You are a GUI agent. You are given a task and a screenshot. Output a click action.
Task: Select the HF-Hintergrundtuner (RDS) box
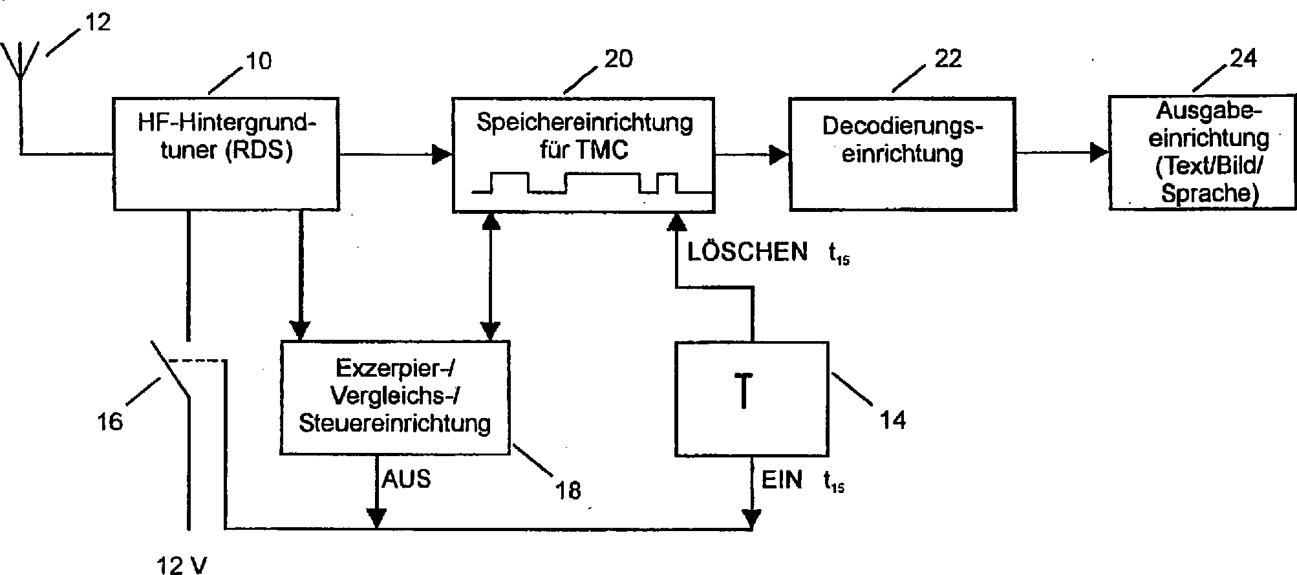(226, 153)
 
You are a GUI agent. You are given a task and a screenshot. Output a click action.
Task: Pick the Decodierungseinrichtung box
(902, 153)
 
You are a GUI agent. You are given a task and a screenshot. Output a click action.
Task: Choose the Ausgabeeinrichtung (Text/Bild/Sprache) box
(1203, 152)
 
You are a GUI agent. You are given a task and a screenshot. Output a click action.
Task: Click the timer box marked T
(751, 399)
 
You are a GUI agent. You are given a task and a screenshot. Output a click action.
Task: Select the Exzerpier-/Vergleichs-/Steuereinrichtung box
(395, 397)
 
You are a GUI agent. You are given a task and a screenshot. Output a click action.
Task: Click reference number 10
(257, 61)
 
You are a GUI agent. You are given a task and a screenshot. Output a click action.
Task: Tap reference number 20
(618, 59)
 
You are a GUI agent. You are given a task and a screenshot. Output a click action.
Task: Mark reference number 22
(948, 59)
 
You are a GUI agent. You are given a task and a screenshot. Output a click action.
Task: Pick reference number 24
(1242, 58)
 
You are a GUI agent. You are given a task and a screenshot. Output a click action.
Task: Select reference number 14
(892, 421)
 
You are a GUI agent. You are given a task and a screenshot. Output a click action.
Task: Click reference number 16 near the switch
(109, 421)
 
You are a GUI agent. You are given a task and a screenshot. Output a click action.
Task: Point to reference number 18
(568, 490)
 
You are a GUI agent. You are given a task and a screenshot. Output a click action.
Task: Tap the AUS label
(406, 479)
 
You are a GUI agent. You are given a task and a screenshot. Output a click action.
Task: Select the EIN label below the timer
(782, 480)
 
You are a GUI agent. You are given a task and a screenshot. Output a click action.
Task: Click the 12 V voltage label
(182, 566)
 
